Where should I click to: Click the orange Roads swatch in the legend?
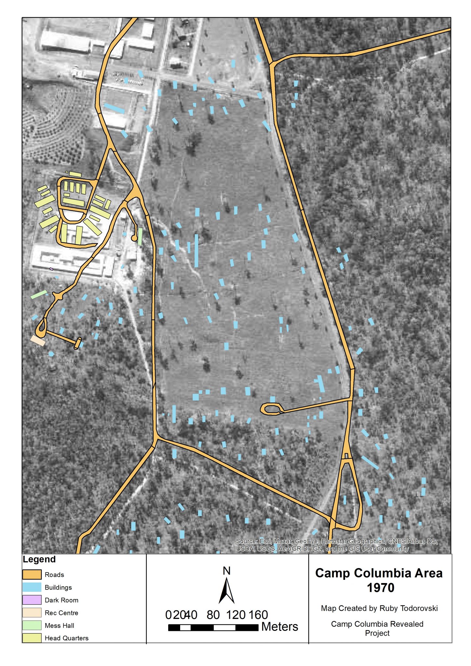click(x=32, y=574)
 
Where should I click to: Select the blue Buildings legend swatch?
click(x=32, y=587)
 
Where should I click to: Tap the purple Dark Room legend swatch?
click(x=32, y=600)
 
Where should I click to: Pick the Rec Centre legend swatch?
click(x=32, y=612)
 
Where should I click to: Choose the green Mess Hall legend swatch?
click(x=32, y=625)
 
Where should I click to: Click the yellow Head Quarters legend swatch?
click(x=32, y=638)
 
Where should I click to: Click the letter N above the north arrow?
click(x=227, y=571)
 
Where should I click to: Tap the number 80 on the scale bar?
click(x=213, y=615)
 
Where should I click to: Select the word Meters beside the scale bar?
click(x=279, y=627)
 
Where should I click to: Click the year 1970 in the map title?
click(x=380, y=588)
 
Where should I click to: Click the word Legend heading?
click(x=39, y=559)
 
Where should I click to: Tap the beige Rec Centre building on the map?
click(x=38, y=340)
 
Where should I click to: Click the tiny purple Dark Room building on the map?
click(x=51, y=269)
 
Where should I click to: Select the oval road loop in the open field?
click(x=272, y=409)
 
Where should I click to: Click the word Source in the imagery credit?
click(x=247, y=541)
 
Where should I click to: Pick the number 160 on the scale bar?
click(x=258, y=615)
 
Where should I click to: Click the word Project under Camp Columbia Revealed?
click(x=377, y=633)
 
